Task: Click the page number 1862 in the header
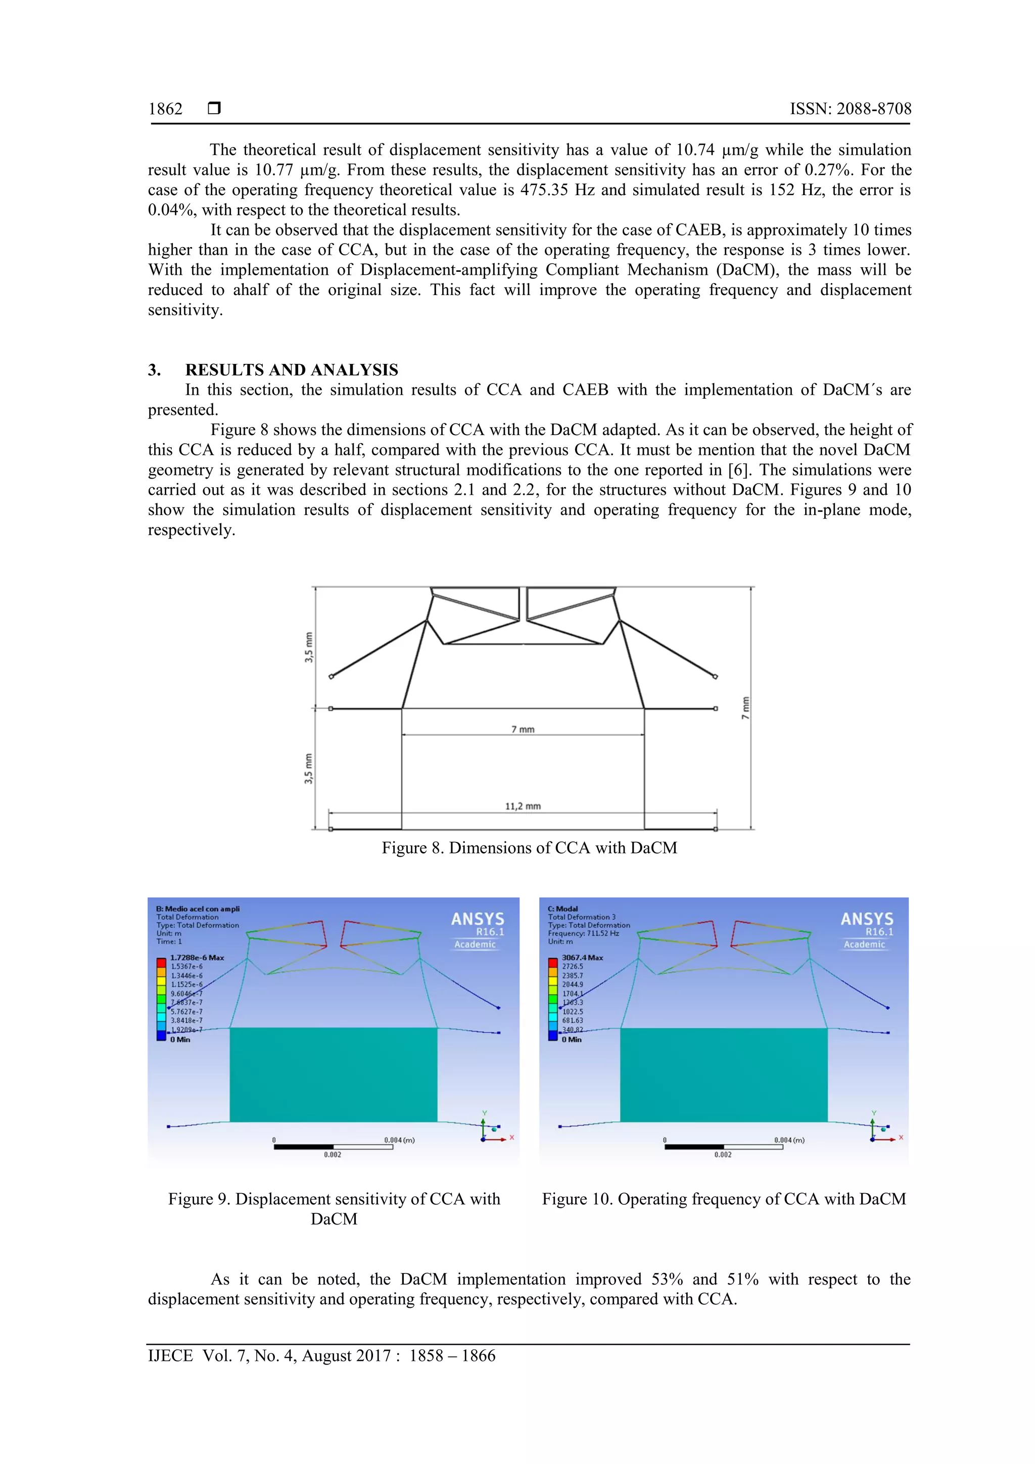pyautogui.click(x=165, y=109)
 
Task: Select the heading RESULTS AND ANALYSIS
pyautogui.click(x=292, y=370)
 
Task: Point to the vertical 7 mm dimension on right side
pyautogui.click(x=745, y=708)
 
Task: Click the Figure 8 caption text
pyautogui.click(x=529, y=847)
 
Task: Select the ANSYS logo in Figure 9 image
pyautogui.click(x=477, y=919)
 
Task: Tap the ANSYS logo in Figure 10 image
pyautogui.click(x=867, y=919)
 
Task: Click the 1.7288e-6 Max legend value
pyautogui.click(x=197, y=958)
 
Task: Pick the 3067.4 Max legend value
pyautogui.click(x=582, y=958)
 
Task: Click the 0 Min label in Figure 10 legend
pyautogui.click(x=572, y=1040)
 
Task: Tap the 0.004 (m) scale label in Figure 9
pyautogui.click(x=399, y=1140)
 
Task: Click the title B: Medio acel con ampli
pyautogui.click(x=198, y=909)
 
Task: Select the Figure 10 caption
pyautogui.click(x=723, y=1199)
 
